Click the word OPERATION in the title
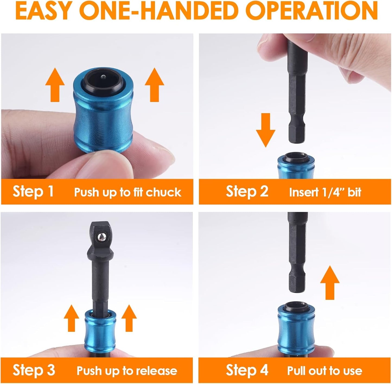click(x=313, y=11)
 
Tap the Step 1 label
click(x=33, y=192)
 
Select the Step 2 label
click(x=247, y=192)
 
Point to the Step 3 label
click(x=34, y=370)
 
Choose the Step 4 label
click(x=247, y=370)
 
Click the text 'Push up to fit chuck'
click(x=128, y=192)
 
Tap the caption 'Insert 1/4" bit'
click(x=325, y=192)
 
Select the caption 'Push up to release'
click(x=127, y=371)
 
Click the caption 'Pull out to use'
click(x=324, y=371)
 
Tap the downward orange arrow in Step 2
click(x=266, y=130)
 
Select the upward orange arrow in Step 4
click(x=330, y=282)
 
